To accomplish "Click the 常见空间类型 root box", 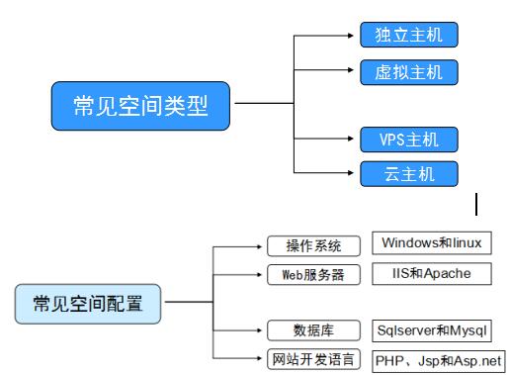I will click(140, 106).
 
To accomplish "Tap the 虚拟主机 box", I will click(408, 72).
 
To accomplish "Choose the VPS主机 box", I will click(408, 139).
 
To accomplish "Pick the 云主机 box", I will click(408, 174).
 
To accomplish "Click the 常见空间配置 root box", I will click(87, 303).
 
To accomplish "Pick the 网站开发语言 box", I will click(312, 358).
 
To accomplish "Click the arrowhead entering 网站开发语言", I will click(261, 358).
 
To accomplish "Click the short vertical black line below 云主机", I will click(477, 205).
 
